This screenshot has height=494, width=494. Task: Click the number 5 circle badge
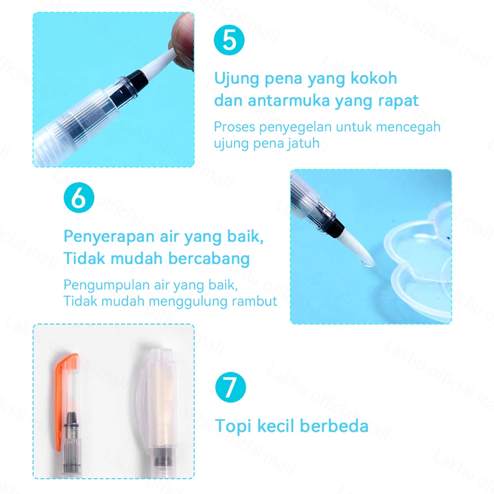pyautogui.click(x=229, y=40)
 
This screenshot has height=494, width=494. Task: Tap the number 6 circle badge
pyautogui.click(x=79, y=198)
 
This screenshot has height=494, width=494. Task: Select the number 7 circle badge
pyautogui.click(x=231, y=387)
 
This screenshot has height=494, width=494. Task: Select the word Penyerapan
pyautogui.click(x=109, y=237)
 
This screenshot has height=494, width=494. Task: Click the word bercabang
pyautogui.click(x=209, y=258)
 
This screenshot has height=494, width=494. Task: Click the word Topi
pyautogui.click(x=234, y=426)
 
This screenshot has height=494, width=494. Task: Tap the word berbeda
pyautogui.click(x=334, y=426)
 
